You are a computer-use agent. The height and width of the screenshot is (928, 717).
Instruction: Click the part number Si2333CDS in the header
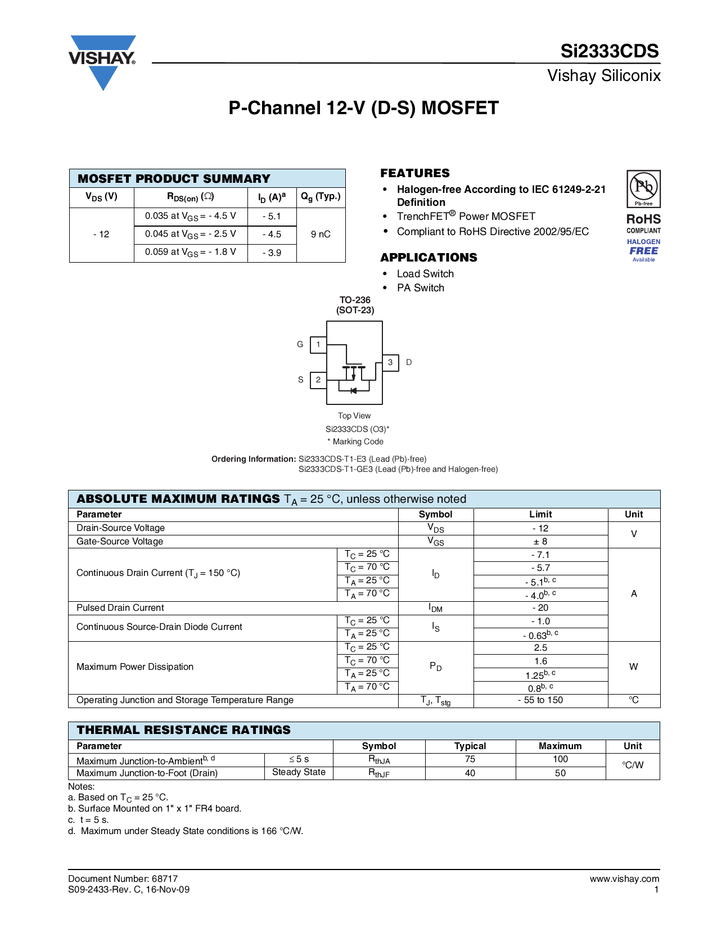609,51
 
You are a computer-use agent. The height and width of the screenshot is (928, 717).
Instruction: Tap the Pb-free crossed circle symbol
643,186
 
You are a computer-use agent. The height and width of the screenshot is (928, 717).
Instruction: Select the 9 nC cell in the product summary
321,234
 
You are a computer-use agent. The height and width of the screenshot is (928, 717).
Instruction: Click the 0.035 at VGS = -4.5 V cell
191,216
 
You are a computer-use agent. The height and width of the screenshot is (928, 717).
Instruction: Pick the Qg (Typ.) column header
321,197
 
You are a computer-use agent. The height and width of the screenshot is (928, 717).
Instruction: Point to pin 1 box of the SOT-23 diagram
318,344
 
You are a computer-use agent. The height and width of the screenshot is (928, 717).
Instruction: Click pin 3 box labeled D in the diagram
390,362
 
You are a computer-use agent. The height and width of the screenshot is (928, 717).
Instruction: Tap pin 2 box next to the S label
318,380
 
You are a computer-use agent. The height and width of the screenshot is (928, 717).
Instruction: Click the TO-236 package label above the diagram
355,300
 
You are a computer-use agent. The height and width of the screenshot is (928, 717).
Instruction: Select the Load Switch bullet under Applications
425,274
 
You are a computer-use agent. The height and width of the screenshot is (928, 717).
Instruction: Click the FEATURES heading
415,173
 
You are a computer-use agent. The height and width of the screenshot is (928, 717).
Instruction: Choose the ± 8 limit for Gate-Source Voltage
540,542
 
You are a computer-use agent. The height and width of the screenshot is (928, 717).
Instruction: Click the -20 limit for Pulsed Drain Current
540,608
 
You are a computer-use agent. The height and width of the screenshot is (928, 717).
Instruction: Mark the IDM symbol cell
435,608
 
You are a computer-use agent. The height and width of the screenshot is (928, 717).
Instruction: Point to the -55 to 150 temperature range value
540,700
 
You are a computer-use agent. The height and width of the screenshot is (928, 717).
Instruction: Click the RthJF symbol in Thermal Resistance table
379,773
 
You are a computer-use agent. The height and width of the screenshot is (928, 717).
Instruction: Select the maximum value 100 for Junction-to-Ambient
560,759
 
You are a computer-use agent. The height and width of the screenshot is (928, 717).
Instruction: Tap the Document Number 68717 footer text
123,879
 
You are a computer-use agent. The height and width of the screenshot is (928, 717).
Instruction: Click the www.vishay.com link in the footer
624,879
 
